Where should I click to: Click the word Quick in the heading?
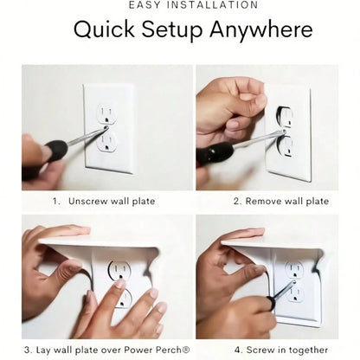tap(104, 29)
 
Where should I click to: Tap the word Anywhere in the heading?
tap(261, 29)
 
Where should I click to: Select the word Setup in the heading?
tap(172, 30)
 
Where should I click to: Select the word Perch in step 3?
tap(168, 350)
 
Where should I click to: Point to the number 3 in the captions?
tap(27, 350)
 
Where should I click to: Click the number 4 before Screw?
tap(237, 350)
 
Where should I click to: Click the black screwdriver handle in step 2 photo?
tap(215, 154)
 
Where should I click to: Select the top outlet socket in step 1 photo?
tap(106, 113)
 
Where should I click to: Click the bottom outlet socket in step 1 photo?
tap(106, 141)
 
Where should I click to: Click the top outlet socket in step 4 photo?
tap(294, 270)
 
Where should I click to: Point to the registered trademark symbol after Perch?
tap(186, 350)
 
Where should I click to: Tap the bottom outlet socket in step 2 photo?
tap(286, 147)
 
